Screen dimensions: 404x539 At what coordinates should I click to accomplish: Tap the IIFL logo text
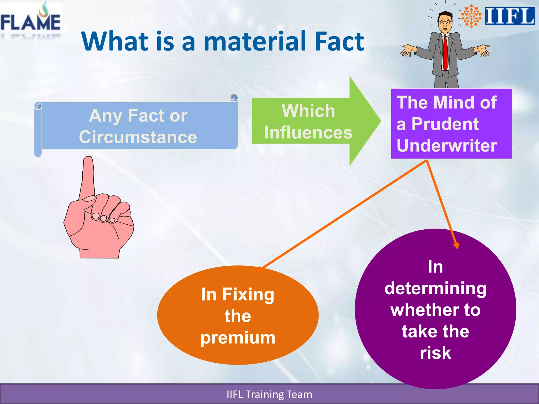(x=510, y=16)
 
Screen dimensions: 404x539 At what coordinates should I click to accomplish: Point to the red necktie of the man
(x=445, y=53)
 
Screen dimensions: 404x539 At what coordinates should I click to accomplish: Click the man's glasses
(x=445, y=22)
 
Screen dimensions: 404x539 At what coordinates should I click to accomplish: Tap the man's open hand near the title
(x=407, y=50)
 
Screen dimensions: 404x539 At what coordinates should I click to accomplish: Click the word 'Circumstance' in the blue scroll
(x=138, y=137)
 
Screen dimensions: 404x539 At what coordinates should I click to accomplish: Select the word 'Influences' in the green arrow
(x=308, y=133)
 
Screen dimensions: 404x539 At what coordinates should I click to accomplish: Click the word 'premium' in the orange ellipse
(x=238, y=338)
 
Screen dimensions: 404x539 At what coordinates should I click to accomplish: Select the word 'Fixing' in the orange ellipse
(x=248, y=295)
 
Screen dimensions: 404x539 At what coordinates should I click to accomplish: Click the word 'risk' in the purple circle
(x=435, y=353)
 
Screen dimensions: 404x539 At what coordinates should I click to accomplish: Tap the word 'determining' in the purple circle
(x=435, y=289)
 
